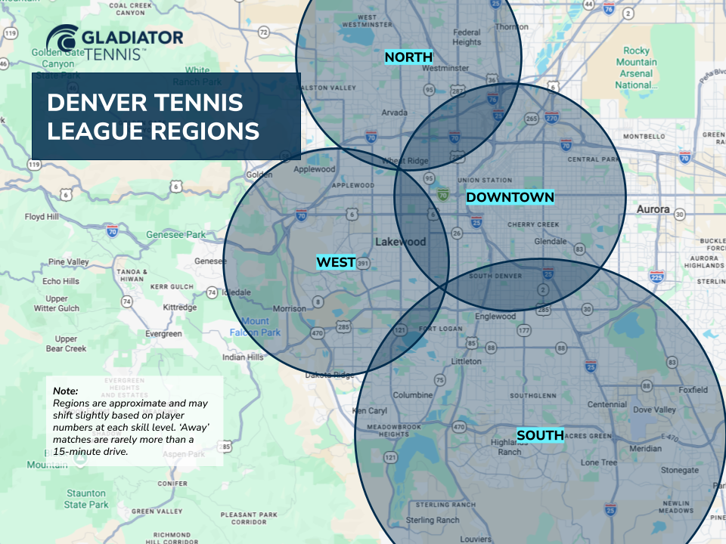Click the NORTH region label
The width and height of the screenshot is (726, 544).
(x=408, y=57)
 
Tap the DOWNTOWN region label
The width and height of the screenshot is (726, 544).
(x=510, y=197)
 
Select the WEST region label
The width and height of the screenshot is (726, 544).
(x=336, y=262)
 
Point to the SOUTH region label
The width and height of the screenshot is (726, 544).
(x=540, y=435)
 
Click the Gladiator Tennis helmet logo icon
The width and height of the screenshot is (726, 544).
(x=60, y=41)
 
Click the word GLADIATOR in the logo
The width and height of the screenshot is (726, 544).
(x=133, y=37)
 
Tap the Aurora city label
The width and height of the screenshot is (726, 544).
(x=653, y=209)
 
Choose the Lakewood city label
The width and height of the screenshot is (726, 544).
(x=401, y=243)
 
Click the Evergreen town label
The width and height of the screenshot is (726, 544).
(x=163, y=334)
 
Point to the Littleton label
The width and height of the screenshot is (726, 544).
(x=466, y=362)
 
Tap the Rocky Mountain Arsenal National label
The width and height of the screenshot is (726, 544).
(x=636, y=68)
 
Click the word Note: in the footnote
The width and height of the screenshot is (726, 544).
(x=66, y=391)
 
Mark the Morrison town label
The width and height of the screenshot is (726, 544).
(x=289, y=309)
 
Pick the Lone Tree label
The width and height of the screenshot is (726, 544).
(x=599, y=462)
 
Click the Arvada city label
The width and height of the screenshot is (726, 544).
(x=394, y=113)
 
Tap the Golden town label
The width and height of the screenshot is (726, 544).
(x=259, y=175)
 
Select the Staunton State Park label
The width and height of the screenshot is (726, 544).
(x=85, y=499)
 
